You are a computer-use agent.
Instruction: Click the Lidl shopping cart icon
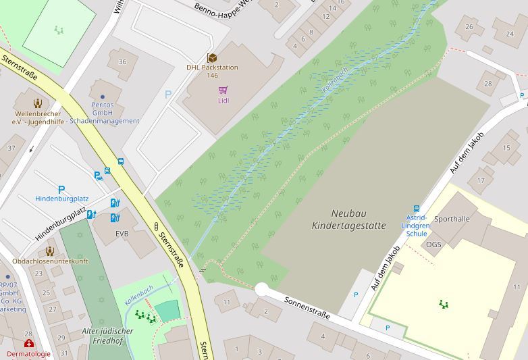[223, 90]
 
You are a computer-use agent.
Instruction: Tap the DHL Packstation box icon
[212, 58]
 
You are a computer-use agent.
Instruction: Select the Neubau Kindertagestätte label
[349, 220]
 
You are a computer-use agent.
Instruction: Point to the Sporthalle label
[452, 219]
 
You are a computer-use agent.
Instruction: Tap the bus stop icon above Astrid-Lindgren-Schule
[416, 209]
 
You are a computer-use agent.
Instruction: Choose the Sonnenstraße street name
[307, 306]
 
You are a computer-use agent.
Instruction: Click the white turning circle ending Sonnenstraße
[262, 289]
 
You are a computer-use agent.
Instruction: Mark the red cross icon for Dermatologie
[29, 344]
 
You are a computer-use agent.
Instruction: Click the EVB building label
[122, 234]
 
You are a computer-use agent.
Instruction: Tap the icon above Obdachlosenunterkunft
[49, 251]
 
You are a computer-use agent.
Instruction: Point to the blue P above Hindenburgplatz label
[61, 190]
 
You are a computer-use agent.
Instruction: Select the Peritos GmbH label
[103, 109]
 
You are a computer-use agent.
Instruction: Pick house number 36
[122, 62]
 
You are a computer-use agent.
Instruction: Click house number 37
[11, 148]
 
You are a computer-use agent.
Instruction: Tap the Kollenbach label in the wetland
[335, 80]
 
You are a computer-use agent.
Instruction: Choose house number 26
[469, 27]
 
